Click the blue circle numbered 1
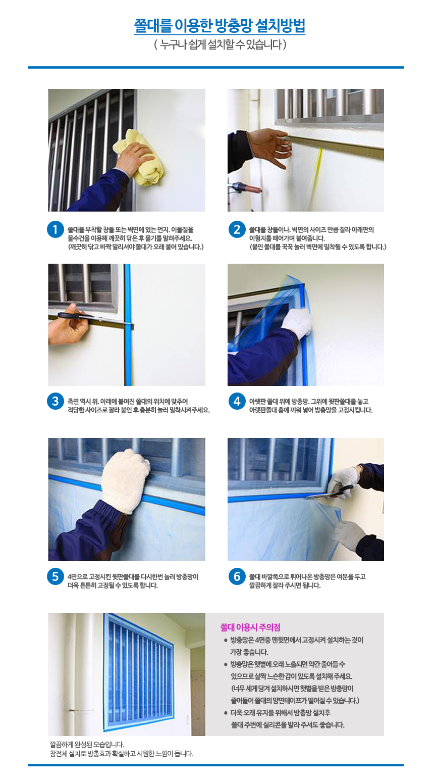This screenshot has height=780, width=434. (x=56, y=229)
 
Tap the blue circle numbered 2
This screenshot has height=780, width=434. (x=237, y=229)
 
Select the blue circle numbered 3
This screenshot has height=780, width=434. (x=56, y=401)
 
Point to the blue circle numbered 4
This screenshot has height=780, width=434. (x=237, y=401)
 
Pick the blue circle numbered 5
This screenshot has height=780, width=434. (x=56, y=576)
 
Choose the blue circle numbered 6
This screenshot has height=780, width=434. (x=237, y=576)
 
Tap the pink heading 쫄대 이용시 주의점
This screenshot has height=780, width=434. (x=250, y=627)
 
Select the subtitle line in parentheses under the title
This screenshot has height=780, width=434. (x=220, y=44)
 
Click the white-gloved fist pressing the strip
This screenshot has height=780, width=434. (x=126, y=480)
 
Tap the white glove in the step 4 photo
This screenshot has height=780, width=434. (x=297, y=323)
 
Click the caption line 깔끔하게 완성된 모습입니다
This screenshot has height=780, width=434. (x=87, y=745)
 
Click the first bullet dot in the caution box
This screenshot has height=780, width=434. (x=226, y=641)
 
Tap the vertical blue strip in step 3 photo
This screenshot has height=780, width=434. (x=128, y=324)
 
